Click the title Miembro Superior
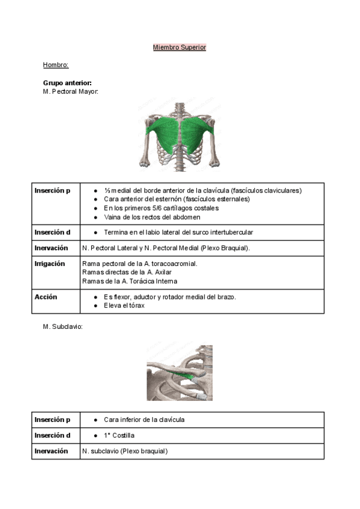click(x=179, y=47)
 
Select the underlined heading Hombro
click(x=56, y=65)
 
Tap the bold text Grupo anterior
click(x=67, y=83)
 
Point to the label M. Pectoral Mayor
click(x=71, y=91)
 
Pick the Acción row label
click(x=46, y=297)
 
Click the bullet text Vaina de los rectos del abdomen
click(x=152, y=217)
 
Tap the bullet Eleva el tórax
click(x=127, y=306)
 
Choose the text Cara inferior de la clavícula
click(x=144, y=420)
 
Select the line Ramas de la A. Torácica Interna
click(x=129, y=281)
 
